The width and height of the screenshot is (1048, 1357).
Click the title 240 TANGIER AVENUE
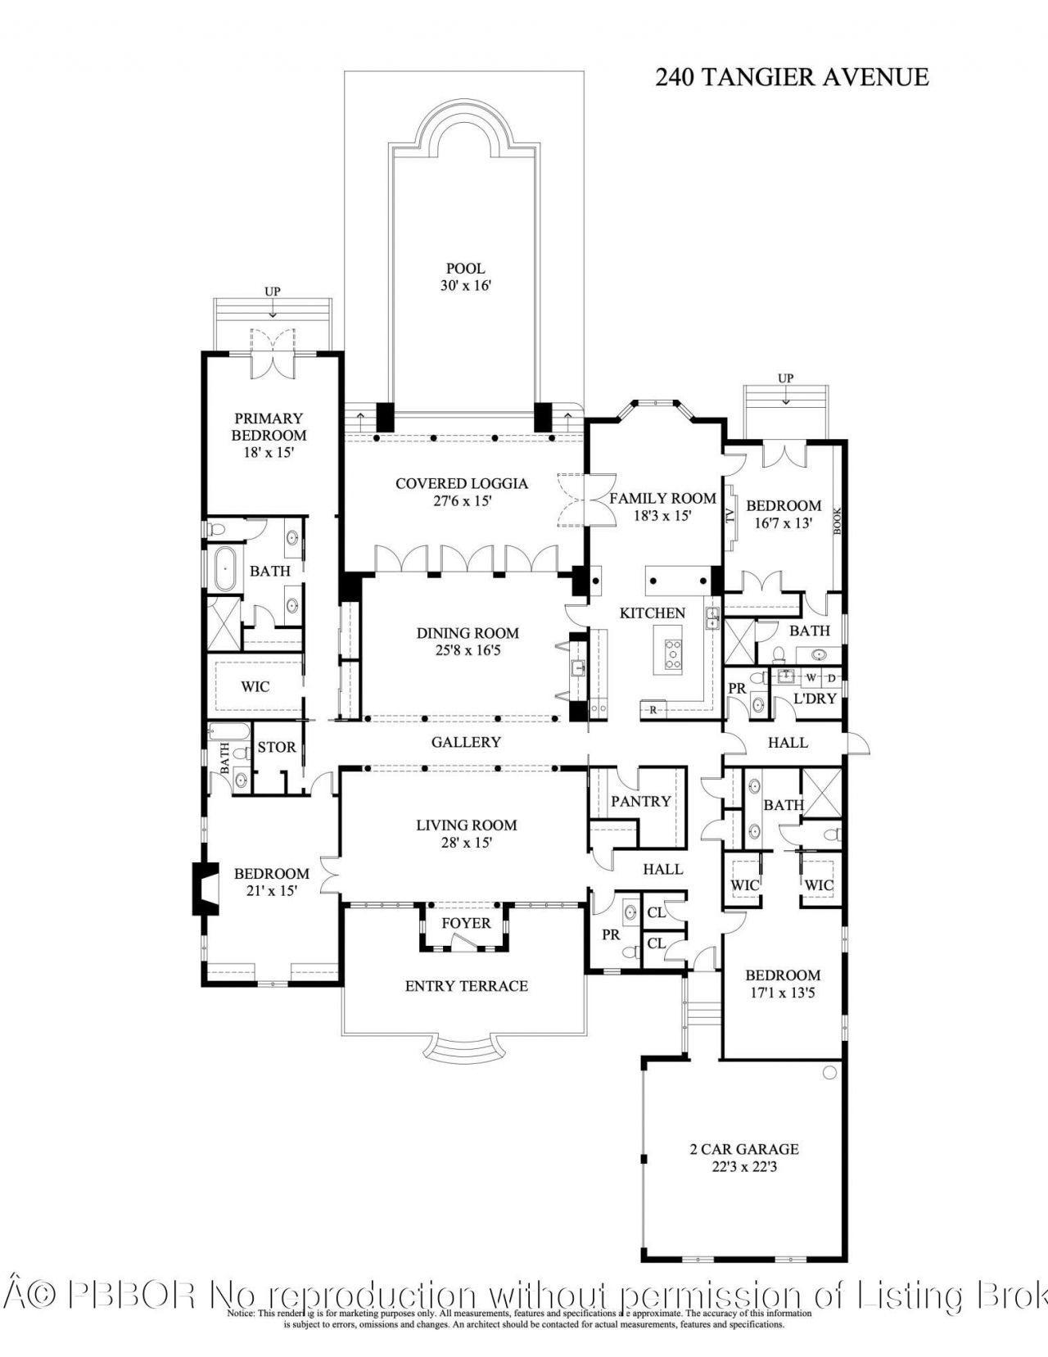[792, 77]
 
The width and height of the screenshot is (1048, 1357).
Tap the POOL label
[465, 269]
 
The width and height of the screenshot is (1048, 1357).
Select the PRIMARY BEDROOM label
[269, 427]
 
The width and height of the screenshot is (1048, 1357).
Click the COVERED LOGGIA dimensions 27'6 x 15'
[462, 501]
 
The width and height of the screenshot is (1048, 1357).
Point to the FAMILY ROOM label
[662, 498]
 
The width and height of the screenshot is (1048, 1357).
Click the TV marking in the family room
[730, 516]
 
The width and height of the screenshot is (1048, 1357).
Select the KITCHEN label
[652, 613]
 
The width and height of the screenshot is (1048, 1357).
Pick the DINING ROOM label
[468, 633]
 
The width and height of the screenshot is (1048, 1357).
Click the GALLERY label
[466, 742]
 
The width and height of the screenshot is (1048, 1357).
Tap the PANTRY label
[640, 801]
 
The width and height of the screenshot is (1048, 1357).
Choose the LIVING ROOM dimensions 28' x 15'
[467, 842]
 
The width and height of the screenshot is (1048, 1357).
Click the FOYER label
[466, 923]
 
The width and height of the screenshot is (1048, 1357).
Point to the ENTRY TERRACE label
[466, 986]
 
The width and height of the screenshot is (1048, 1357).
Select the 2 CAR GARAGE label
[743, 1149]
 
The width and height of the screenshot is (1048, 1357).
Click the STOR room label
[277, 747]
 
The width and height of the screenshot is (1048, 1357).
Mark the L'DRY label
[815, 699]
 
